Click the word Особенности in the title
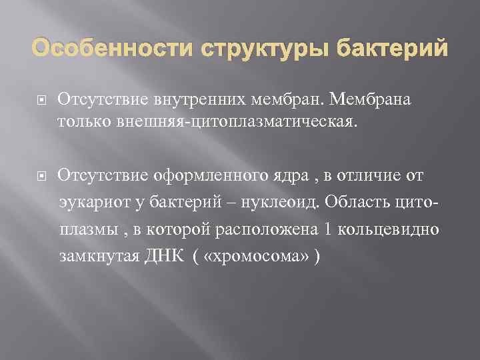point(105,49)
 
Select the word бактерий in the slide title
point(386,49)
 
